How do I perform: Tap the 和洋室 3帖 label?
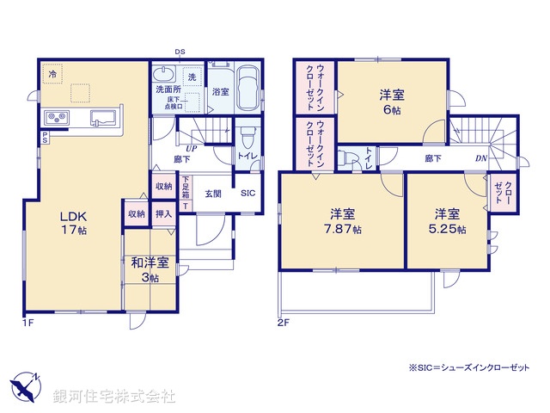click(x=150, y=268)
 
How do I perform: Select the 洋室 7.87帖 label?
click(x=343, y=221)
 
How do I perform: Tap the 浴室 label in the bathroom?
click(x=220, y=92)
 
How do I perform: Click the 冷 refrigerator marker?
click(x=52, y=75)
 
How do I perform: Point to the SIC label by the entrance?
click(x=247, y=194)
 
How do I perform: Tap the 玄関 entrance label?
click(x=212, y=194)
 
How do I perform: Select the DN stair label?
click(x=481, y=158)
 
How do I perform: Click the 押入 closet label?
click(x=164, y=213)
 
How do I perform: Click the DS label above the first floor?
click(x=180, y=52)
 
